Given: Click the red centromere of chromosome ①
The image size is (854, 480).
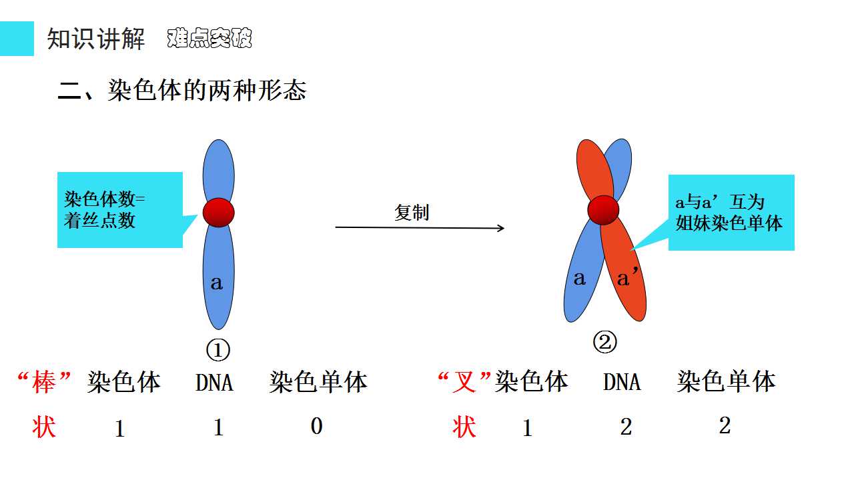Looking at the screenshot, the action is tap(218, 213).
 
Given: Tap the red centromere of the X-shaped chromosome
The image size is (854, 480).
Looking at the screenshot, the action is tap(603, 210).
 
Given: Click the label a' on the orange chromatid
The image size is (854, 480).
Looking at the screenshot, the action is tap(627, 277).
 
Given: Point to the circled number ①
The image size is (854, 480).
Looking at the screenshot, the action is tap(218, 350).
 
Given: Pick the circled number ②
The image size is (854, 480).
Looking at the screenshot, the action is tap(604, 342).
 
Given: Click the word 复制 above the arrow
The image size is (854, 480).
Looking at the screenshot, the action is tap(412, 212).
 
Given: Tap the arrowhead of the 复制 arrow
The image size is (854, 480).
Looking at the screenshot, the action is tap(501, 228).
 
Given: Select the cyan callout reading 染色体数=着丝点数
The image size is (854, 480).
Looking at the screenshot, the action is tap(120, 210).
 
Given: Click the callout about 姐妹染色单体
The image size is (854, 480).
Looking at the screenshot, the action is tap(731, 213).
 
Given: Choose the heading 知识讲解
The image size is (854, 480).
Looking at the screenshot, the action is tap(96, 39).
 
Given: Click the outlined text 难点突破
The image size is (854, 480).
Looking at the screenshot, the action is tap(209, 38).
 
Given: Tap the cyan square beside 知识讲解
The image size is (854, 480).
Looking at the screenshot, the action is tap(17, 39).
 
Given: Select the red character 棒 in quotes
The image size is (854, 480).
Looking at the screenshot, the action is tap(44, 382).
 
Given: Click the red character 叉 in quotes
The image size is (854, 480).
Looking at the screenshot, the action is tap(464, 382).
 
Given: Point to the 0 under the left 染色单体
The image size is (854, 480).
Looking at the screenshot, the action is tap(316, 426).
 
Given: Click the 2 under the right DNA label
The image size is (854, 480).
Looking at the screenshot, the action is tap(626, 427).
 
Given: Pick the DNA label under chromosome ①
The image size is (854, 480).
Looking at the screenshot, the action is tap(214, 383).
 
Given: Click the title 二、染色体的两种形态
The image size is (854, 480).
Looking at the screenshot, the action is tap(182, 90).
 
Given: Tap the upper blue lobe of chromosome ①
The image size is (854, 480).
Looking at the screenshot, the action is tap(218, 169).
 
